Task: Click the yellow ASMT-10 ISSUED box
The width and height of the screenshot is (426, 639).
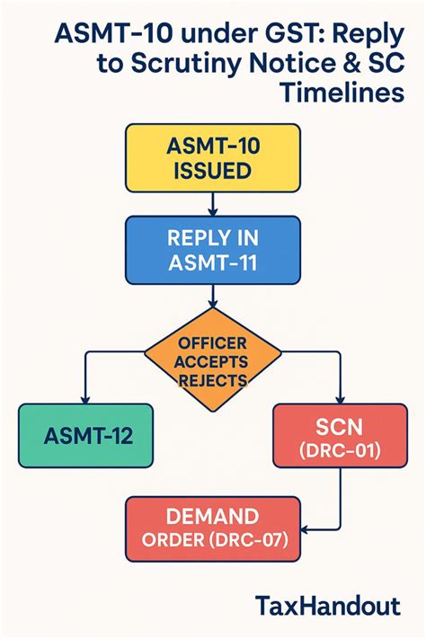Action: (x=212, y=158)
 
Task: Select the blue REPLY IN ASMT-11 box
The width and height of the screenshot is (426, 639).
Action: (x=212, y=251)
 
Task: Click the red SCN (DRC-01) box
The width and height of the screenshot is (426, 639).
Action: (x=339, y=438)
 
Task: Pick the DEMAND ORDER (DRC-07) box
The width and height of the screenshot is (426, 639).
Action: (x=212, y=528)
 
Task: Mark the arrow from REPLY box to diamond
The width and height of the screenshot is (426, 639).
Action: (x=212, y=297)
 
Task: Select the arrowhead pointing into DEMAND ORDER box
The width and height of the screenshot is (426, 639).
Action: (x=306, y=528)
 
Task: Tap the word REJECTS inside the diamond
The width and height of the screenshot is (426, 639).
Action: (x=212, y=379)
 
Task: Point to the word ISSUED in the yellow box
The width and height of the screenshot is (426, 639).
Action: (x=212, y=171)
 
